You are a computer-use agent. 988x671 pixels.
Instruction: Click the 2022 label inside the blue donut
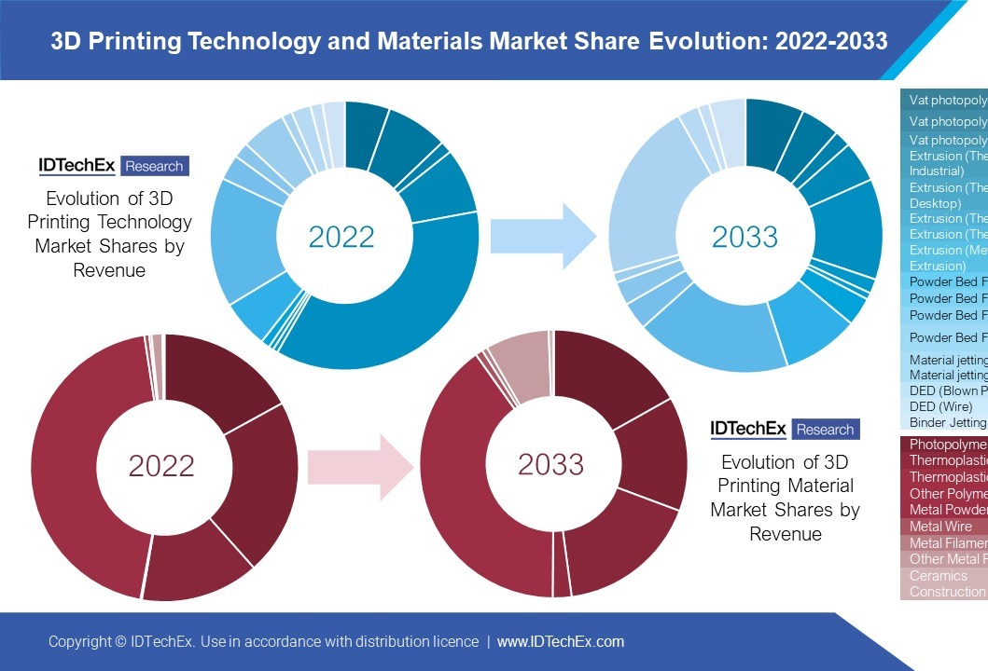pyautogui.click(x=341, y=237)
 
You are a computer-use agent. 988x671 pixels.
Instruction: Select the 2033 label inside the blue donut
pyautogui.click(x=744, y=237)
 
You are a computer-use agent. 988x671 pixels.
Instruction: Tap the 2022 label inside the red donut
pyautogui.click(x=161, y=465)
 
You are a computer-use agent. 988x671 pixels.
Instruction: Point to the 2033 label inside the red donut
pyautogui.click(x=550, y=464)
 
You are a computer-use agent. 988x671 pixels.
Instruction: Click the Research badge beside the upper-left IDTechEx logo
pyautogui.click(x=154, y=166)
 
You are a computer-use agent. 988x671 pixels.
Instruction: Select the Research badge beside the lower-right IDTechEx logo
pyautogui.click(x=825, y=430)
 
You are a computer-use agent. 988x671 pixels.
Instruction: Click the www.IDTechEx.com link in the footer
pyautogui.click(x=560, y=642)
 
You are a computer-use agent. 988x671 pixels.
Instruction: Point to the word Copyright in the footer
pyautogui.click(x=80, y=642)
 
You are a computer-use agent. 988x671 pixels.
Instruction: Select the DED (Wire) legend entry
pyautogui.click(x=940, y=407)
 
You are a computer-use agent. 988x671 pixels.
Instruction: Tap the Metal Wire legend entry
pyautogui.click(x=940, y=527)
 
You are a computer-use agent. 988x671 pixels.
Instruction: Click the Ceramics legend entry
pyautogui.click(x=939, y=576)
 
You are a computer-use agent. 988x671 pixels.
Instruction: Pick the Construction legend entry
pyautogui.click(x=946, y=592)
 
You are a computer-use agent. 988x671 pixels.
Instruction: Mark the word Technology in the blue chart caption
pyautogui.click(x=148, y=222)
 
